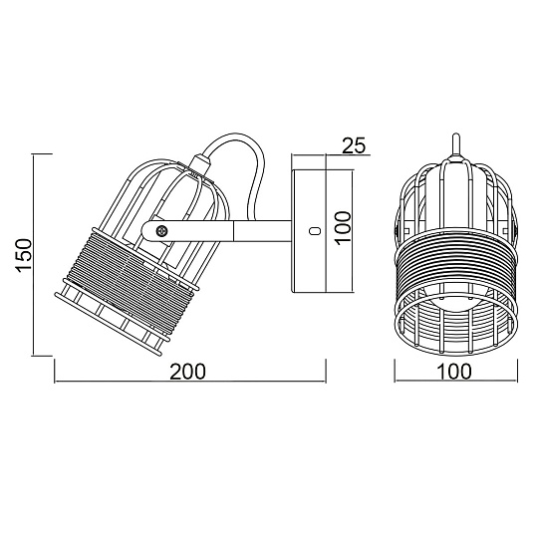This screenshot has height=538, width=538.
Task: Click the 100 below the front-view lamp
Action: pos(453,371)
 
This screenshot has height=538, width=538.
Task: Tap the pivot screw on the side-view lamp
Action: pos(159,230)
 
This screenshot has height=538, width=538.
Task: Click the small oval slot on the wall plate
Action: pos(314,230)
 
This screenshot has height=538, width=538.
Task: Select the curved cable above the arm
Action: pos(249,164)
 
